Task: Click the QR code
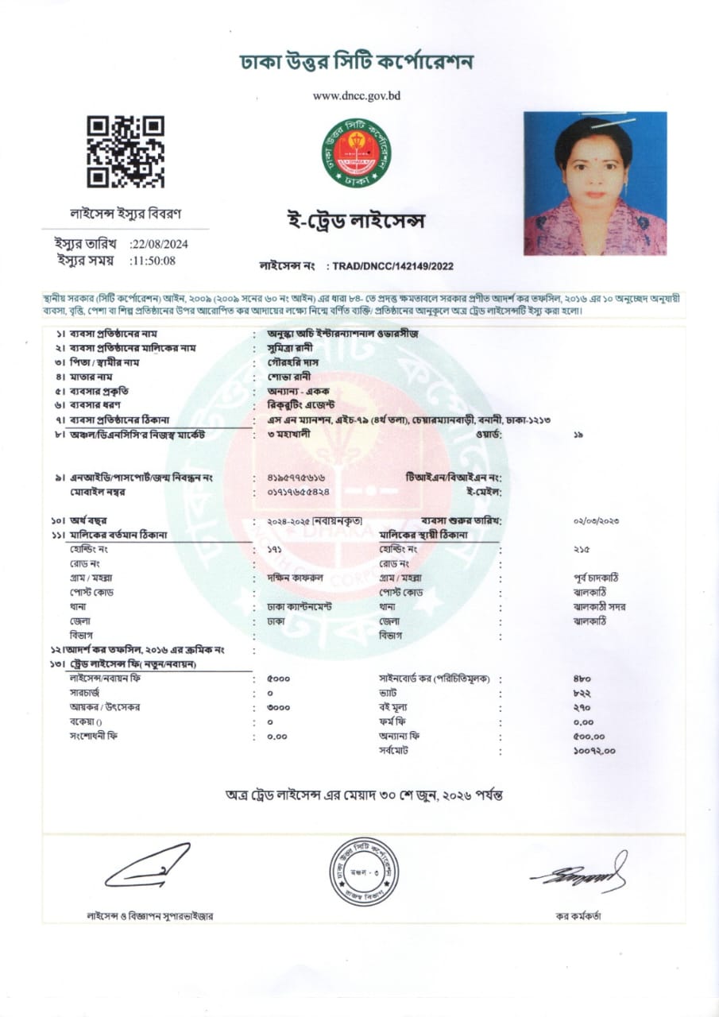pyautogui.click(x=125, y=152)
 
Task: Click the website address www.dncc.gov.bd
pyautogui.click(x=356, y=95)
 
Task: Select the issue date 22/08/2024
pyautogui.click(x=160, y=244)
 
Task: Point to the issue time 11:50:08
pyautogui.click(x=154, y=260)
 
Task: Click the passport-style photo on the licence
pyautogui.click(x=594, y=184)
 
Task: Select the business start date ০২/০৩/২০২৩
pyautogui.click(x=596, y=520)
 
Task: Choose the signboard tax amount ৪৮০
pyautogui.click(x=582, y=679)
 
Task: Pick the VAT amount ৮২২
pyautogui.click(x=582, y=694)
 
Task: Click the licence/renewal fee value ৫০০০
pyautogui.click(x=279, y=679)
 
